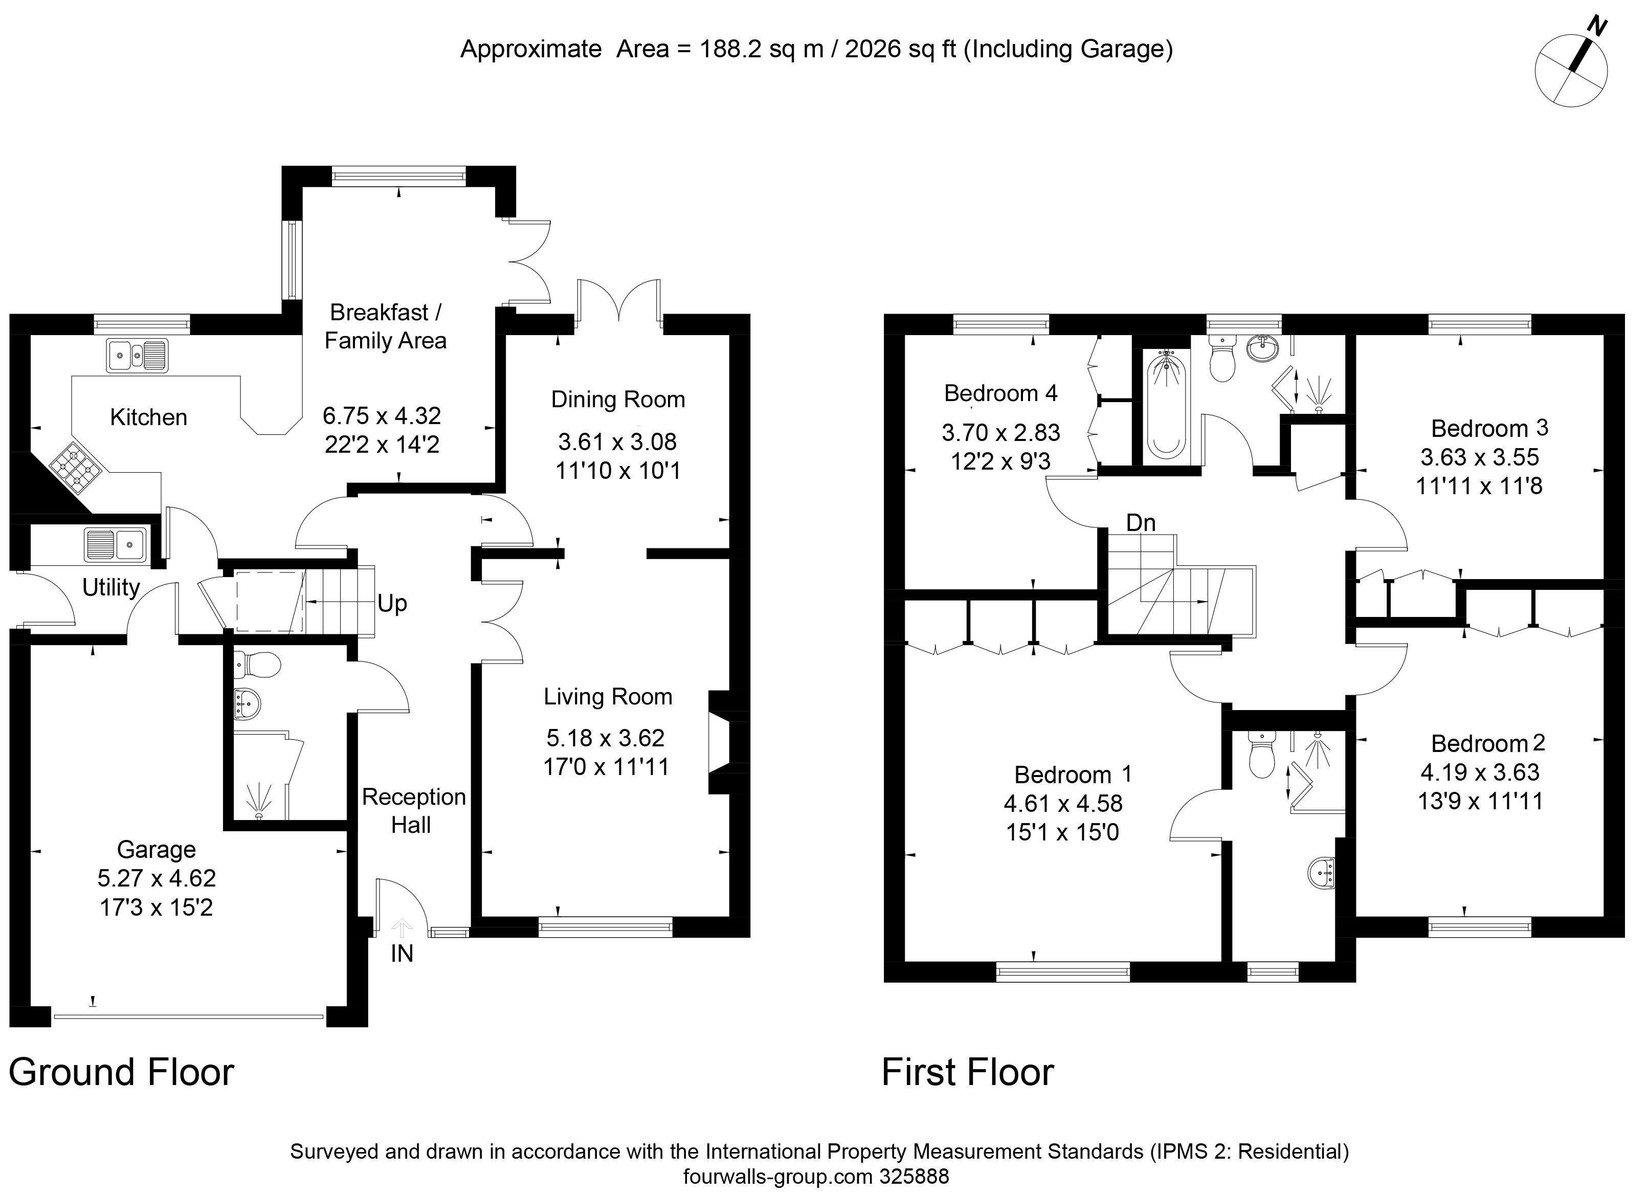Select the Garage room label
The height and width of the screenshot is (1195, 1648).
pos(156,849)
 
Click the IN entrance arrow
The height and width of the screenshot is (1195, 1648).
pos(402,927)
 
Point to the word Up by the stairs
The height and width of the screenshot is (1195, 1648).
pos(392,603)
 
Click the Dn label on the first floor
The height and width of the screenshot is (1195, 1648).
pos(1141,523)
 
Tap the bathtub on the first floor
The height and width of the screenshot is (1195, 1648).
pos(1166,404)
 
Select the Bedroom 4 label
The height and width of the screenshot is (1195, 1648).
pos(1000,393)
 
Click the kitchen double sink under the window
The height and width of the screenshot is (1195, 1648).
pos(137,356)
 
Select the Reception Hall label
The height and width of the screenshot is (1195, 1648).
pos(413,810)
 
